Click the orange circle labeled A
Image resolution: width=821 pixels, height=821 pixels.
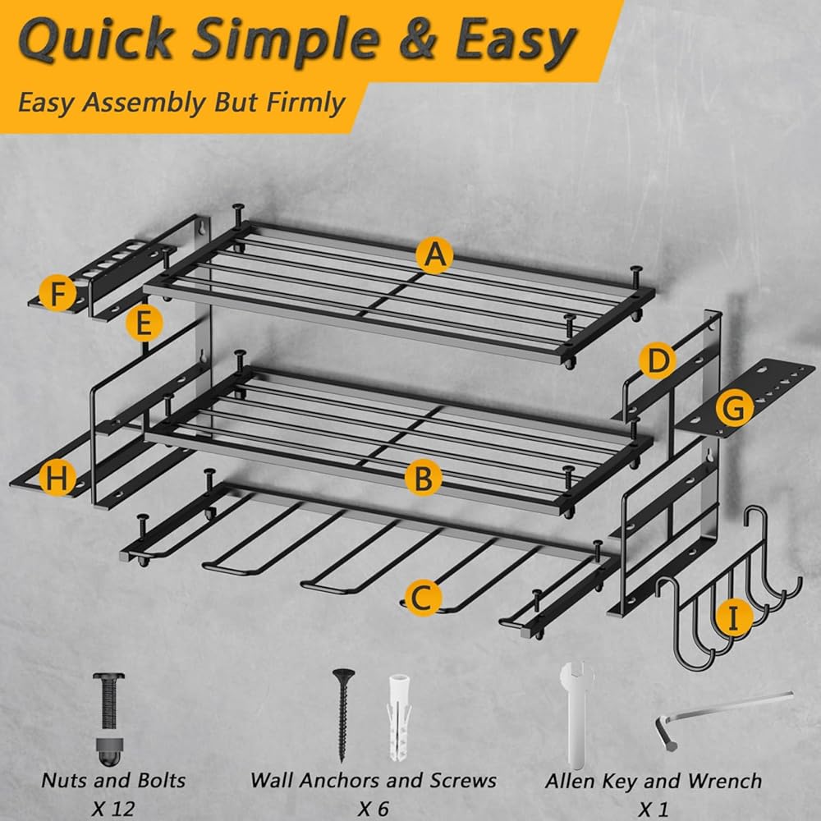[434, 255]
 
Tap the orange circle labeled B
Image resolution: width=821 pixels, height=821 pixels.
[423, 478]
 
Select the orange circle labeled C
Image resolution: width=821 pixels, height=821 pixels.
[423, 598]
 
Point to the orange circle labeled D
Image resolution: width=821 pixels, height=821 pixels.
[657, 360]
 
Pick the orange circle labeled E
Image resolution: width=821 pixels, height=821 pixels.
[144, 323]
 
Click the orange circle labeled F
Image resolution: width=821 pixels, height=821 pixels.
[57, 294]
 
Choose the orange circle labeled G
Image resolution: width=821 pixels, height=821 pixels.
[735, 408]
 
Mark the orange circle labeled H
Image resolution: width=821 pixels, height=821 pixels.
[57, 478]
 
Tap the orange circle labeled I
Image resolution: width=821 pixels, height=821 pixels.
[734, 618]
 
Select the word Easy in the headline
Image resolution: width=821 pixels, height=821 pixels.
[516, 42]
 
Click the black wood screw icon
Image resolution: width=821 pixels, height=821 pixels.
[343, 715]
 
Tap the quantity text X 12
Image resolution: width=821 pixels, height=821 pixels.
[113, 808]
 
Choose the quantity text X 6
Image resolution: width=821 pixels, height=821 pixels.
[374, 808]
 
